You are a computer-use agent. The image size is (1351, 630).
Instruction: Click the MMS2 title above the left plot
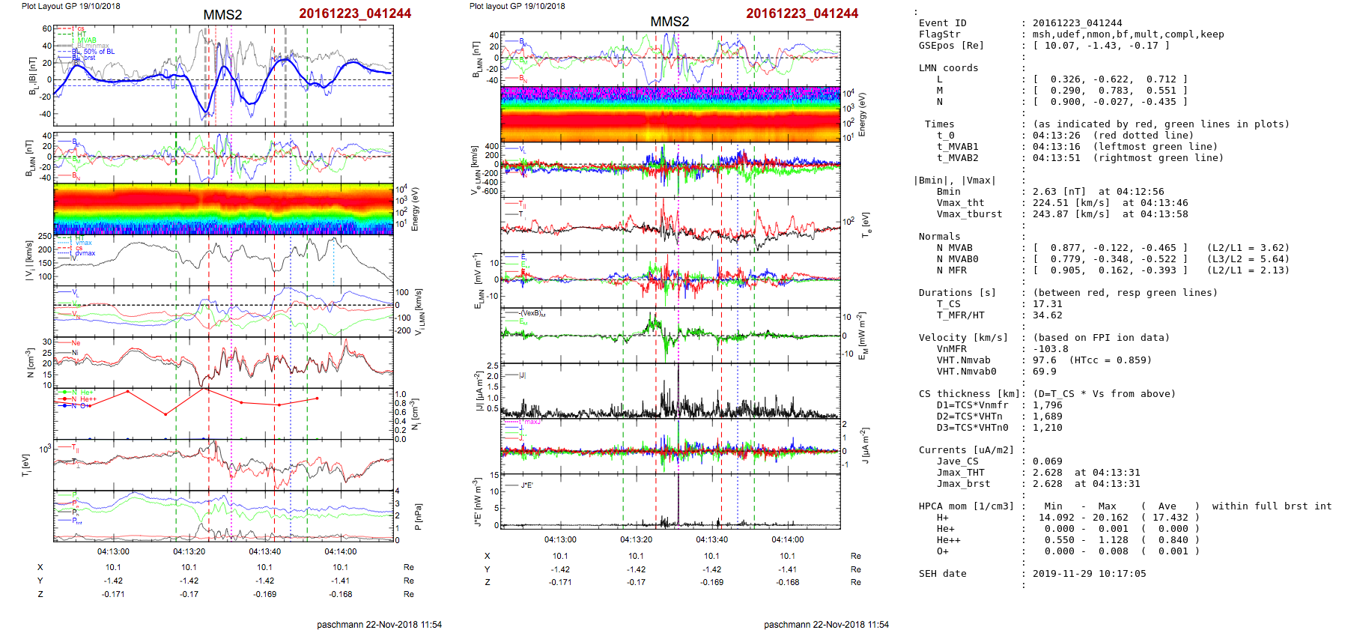point(222,15)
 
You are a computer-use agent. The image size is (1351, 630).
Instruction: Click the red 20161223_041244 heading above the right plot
point(802,13)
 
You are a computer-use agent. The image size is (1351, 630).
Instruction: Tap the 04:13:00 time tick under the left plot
point(113,551)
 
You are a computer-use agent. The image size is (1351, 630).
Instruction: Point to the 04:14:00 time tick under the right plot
point(787,539)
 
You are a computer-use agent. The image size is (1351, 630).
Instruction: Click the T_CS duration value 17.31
point(1047,304)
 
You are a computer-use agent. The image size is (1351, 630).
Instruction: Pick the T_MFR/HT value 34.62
point(1047,315)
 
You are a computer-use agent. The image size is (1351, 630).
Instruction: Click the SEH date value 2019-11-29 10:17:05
point(1089,574)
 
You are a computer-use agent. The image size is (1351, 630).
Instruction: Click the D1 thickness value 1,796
point(1047,405)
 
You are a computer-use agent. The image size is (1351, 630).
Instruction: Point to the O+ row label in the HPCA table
point(942,551)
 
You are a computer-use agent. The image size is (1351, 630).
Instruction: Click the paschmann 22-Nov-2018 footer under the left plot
point(379,624)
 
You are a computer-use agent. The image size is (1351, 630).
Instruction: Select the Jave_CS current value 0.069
point(1047,461)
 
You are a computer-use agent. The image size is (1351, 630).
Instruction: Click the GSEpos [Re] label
point(951,46)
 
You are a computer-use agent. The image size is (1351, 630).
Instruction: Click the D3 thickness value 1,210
point(1047,428)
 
